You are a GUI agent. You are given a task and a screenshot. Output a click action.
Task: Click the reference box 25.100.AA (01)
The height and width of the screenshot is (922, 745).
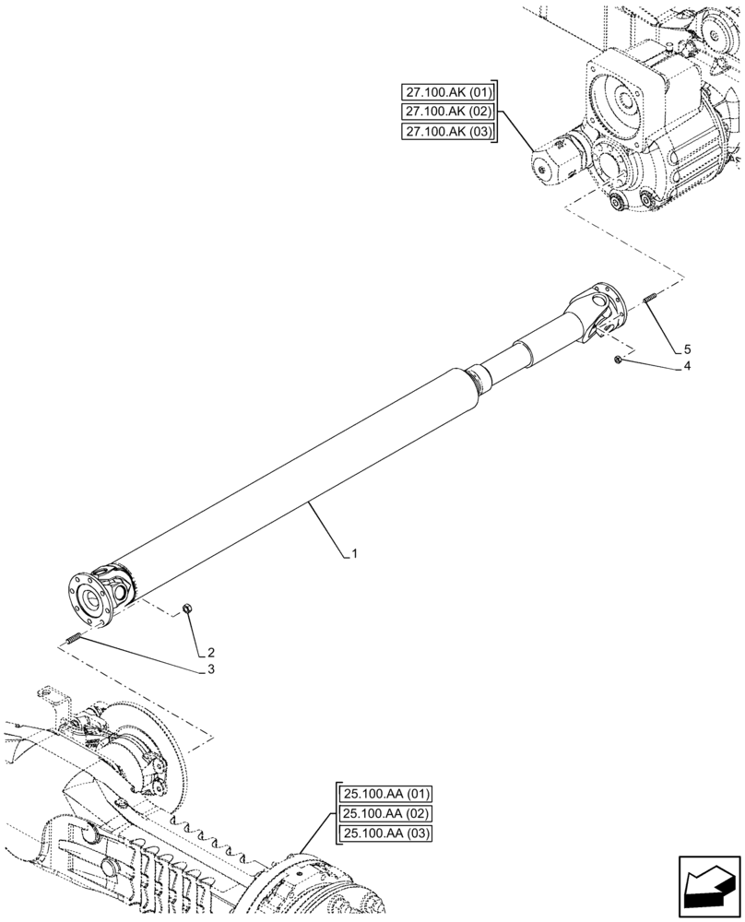385,794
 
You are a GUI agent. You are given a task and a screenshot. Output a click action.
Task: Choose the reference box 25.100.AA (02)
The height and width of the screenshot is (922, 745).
385,814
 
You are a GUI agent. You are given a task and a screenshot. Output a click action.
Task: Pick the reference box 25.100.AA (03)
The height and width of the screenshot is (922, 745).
385,834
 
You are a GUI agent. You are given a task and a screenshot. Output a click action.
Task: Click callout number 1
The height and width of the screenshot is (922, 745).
354,554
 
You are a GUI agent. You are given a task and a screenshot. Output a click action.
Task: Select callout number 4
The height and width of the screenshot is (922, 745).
687,367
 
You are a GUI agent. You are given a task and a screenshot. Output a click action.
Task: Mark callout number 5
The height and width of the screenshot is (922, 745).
687,349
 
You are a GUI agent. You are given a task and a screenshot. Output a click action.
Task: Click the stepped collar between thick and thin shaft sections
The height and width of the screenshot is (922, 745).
478,380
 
